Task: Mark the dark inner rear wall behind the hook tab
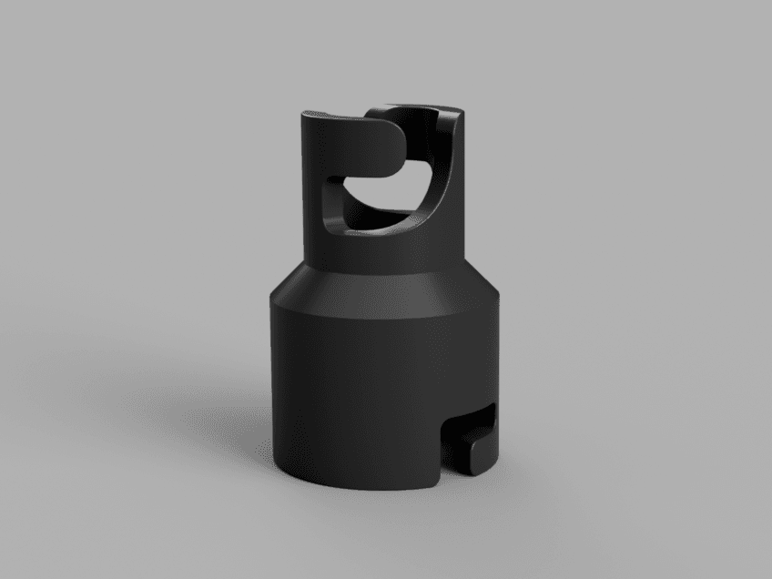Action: (414, 123)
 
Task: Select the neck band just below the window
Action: (382, 255)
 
